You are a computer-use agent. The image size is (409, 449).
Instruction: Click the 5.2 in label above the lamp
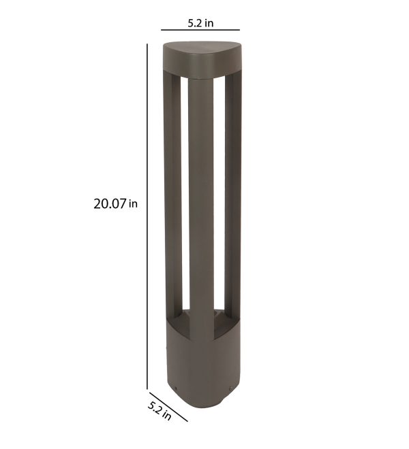click(200, 23)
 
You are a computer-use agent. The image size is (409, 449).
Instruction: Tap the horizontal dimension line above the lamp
click(200, 30)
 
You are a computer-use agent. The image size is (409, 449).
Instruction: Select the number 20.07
click(110, 204)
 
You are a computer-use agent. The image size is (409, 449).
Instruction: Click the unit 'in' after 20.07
click(133, 204)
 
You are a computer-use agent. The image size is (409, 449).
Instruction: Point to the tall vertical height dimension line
click(147, 216)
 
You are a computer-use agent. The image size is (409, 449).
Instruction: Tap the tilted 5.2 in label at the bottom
click(160, 411)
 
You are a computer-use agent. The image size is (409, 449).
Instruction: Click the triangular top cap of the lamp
click(202, 59)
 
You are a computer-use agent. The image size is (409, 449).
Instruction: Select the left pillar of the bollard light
click(172, 195)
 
